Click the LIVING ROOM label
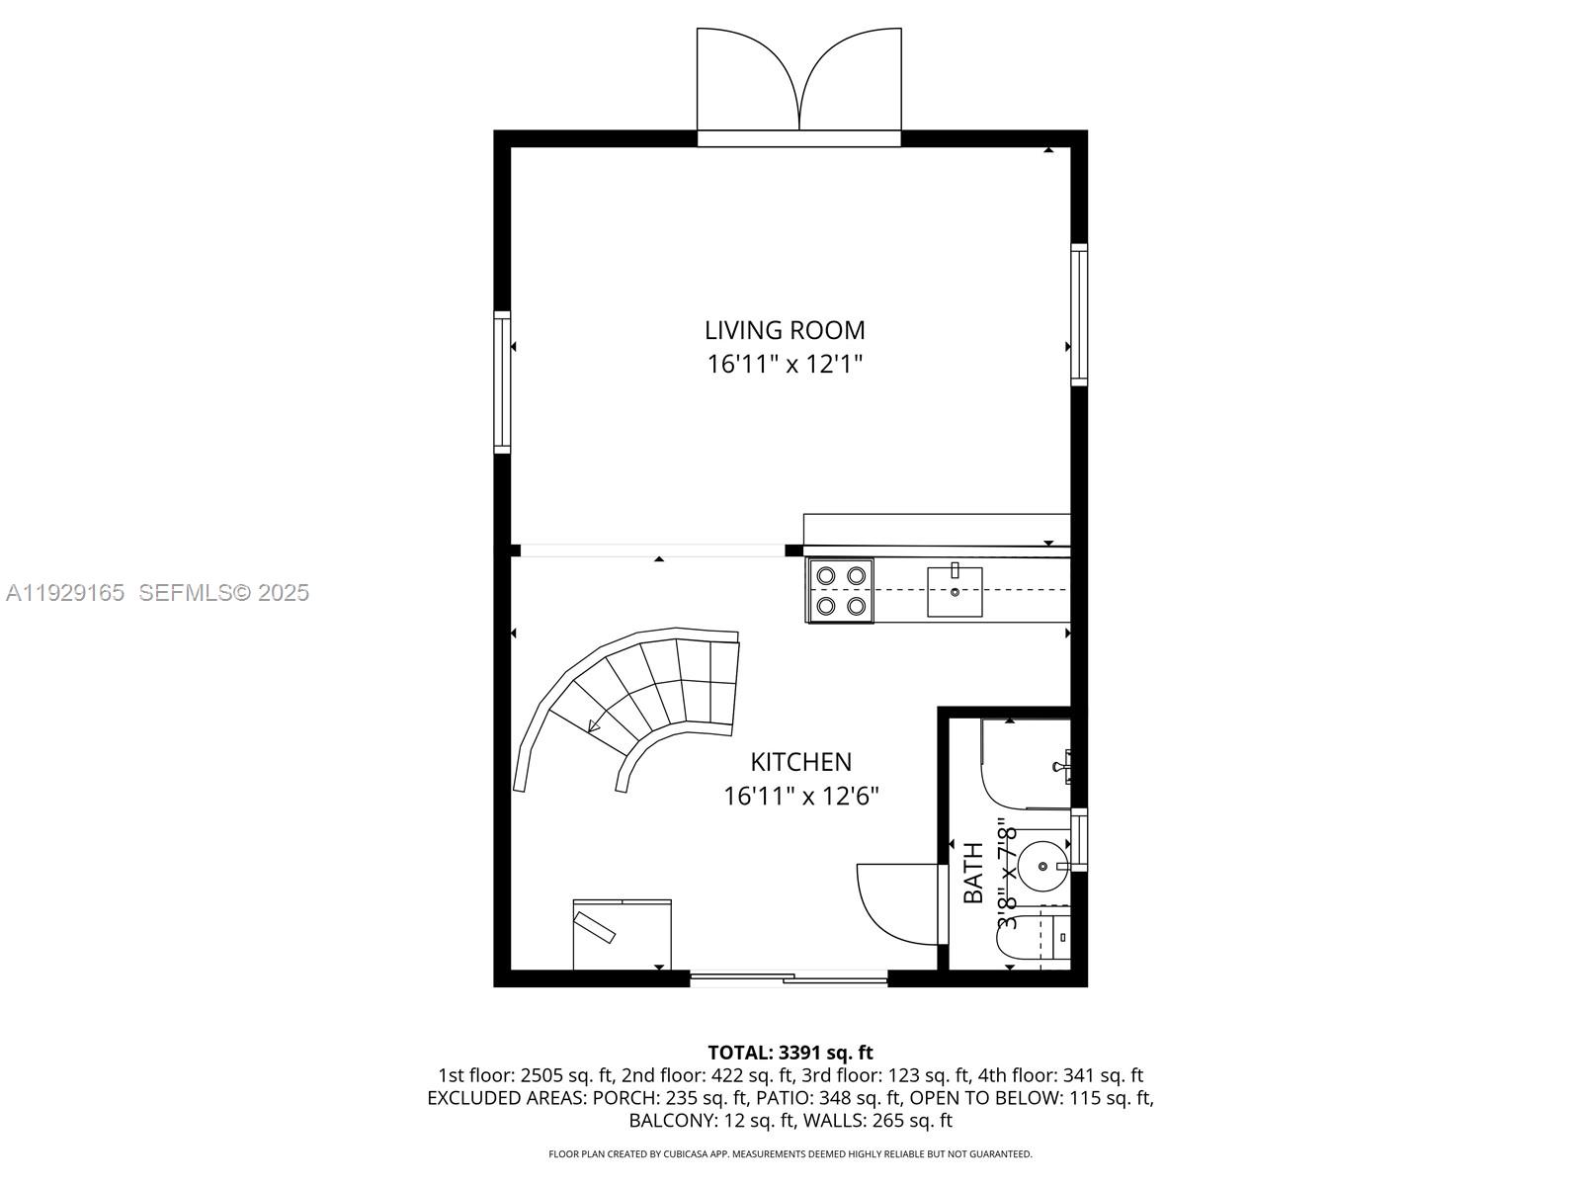point(785,330)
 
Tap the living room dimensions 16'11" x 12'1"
point(785,365)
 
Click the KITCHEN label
point(800,762)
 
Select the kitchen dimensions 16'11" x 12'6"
point(800,796)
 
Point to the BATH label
point(973,872)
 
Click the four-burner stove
point(841,591)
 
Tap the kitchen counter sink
point(955,591)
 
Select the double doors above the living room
point(798,84)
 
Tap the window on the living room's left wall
point(502,382)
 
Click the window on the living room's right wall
point(1079,313)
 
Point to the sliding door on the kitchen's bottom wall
point(789,979)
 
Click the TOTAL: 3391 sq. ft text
point(790,1053)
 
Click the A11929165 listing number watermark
point(65,592)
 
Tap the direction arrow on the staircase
point(594,726)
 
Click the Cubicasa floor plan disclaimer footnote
point(790,1153)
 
